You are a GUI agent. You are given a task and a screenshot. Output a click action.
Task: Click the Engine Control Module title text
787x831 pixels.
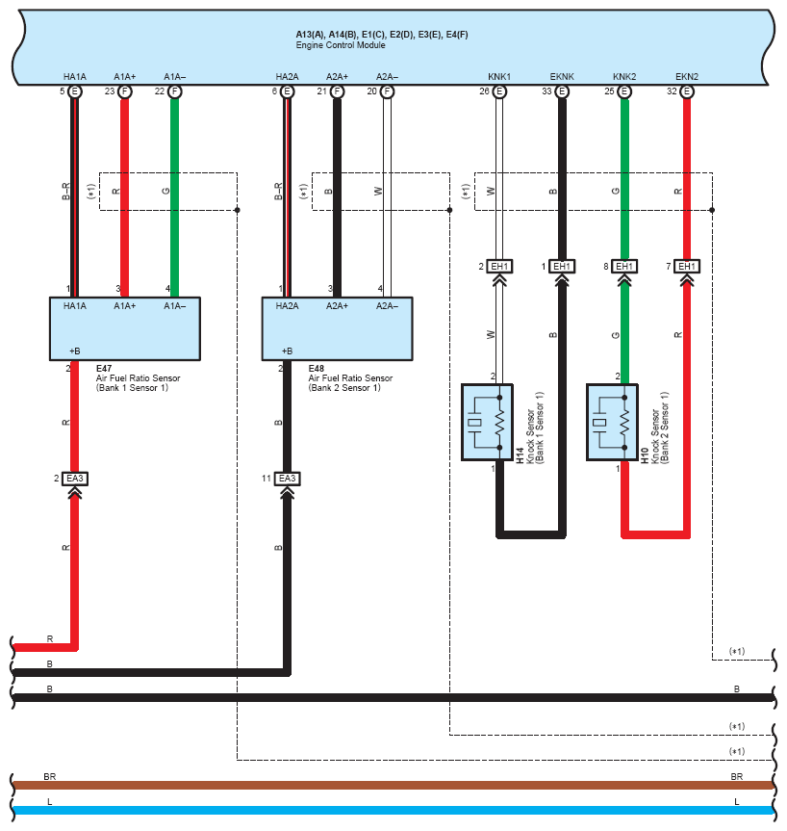point(340,45)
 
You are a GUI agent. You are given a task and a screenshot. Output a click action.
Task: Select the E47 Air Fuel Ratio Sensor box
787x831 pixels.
point(125,327)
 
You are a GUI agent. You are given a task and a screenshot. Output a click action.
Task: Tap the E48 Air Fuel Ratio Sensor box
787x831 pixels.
point(338,327)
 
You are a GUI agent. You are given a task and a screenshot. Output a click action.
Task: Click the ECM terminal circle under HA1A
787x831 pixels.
point(74,91)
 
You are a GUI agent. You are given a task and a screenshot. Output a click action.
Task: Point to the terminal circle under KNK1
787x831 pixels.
point(499,91)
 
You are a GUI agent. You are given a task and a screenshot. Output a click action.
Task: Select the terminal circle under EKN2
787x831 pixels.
point(687,91)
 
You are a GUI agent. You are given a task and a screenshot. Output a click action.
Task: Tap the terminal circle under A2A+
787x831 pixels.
point(337,91)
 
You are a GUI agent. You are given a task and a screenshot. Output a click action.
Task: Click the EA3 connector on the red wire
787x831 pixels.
point(75,478)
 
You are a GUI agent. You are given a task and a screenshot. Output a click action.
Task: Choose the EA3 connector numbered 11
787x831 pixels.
point(287,478)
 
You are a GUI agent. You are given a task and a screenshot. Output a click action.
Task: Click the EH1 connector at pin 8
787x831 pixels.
point(624,266)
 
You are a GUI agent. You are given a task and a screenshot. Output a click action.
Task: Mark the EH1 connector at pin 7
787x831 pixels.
point(686,266)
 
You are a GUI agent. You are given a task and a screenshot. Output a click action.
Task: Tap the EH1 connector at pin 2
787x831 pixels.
point(499,266)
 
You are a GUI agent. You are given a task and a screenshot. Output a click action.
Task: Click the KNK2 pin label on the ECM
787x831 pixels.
point(624,76)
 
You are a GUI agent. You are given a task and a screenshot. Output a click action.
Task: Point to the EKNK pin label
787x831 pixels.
point(562,76)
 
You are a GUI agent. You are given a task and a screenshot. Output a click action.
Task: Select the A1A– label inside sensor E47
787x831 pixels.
point(174,305)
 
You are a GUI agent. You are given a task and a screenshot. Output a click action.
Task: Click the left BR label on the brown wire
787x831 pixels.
point(49,775)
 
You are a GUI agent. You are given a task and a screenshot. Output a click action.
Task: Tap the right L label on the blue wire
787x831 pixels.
point(737,801)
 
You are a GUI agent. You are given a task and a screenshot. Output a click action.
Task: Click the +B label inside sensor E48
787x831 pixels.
point(288,351)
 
